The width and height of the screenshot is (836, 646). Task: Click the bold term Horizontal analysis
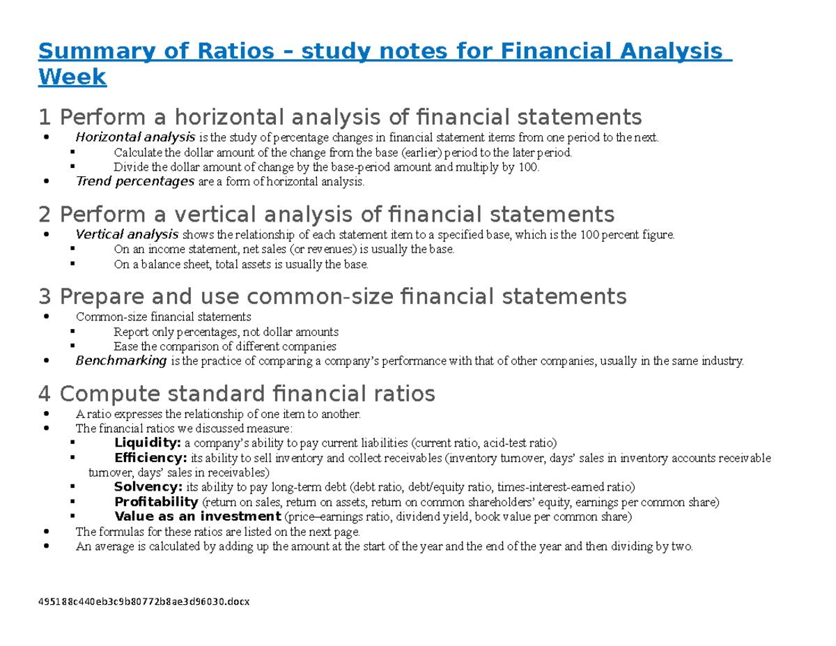[x=135, y=137]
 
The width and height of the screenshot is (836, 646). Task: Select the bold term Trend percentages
[x=134, y=182]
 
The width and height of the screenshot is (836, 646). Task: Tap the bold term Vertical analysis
[x=127, y=234]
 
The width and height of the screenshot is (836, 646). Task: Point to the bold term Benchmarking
[x=121, y=360]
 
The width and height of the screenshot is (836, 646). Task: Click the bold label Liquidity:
[x=148, y=443]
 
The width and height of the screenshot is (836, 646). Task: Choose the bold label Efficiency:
[x=150, y=458]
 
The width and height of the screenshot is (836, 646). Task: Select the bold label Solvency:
[x=148, y=487]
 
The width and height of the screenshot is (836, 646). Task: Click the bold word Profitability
[x=156, y=502]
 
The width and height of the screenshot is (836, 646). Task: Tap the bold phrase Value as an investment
[x=197, y=516]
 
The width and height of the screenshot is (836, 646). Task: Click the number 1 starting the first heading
[x=45, y=116]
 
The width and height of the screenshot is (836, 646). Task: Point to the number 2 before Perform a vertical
[x=46, y=213]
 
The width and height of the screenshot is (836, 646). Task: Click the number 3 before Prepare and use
[x=46, y=297]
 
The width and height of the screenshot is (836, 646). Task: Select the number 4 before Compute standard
[x=46, y=394]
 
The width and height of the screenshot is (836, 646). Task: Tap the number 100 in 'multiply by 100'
[x=528, y=167]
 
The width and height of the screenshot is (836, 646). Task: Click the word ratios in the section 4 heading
[x=402, y=394]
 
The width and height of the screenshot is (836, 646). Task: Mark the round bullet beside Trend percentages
[x=46, y=182]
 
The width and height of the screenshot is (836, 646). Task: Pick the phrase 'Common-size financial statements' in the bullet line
[x=164, y=317]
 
